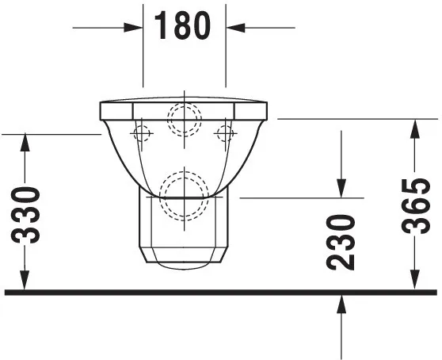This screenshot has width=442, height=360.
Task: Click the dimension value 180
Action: (x=183, y=26)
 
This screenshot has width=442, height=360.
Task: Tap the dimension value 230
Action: (x=341, y=242)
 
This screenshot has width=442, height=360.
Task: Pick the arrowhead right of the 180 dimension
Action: (x=235, y=26)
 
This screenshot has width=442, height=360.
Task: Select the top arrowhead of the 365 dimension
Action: (x=413, y=127)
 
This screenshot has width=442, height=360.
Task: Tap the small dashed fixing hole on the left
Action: (x=143, y=134)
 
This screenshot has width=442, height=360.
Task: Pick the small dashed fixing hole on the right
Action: (x=226, y=134)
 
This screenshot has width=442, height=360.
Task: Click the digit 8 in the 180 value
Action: (x=183, y=26)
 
